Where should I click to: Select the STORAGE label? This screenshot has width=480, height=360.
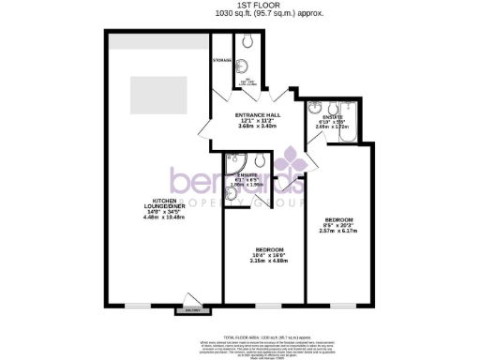[x=222, y=59]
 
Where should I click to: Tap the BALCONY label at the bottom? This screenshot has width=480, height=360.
[x=192, y=309]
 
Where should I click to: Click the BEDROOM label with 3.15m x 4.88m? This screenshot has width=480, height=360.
[x=263, y=247]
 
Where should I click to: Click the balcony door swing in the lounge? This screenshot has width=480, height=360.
[x=191, y=296]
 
